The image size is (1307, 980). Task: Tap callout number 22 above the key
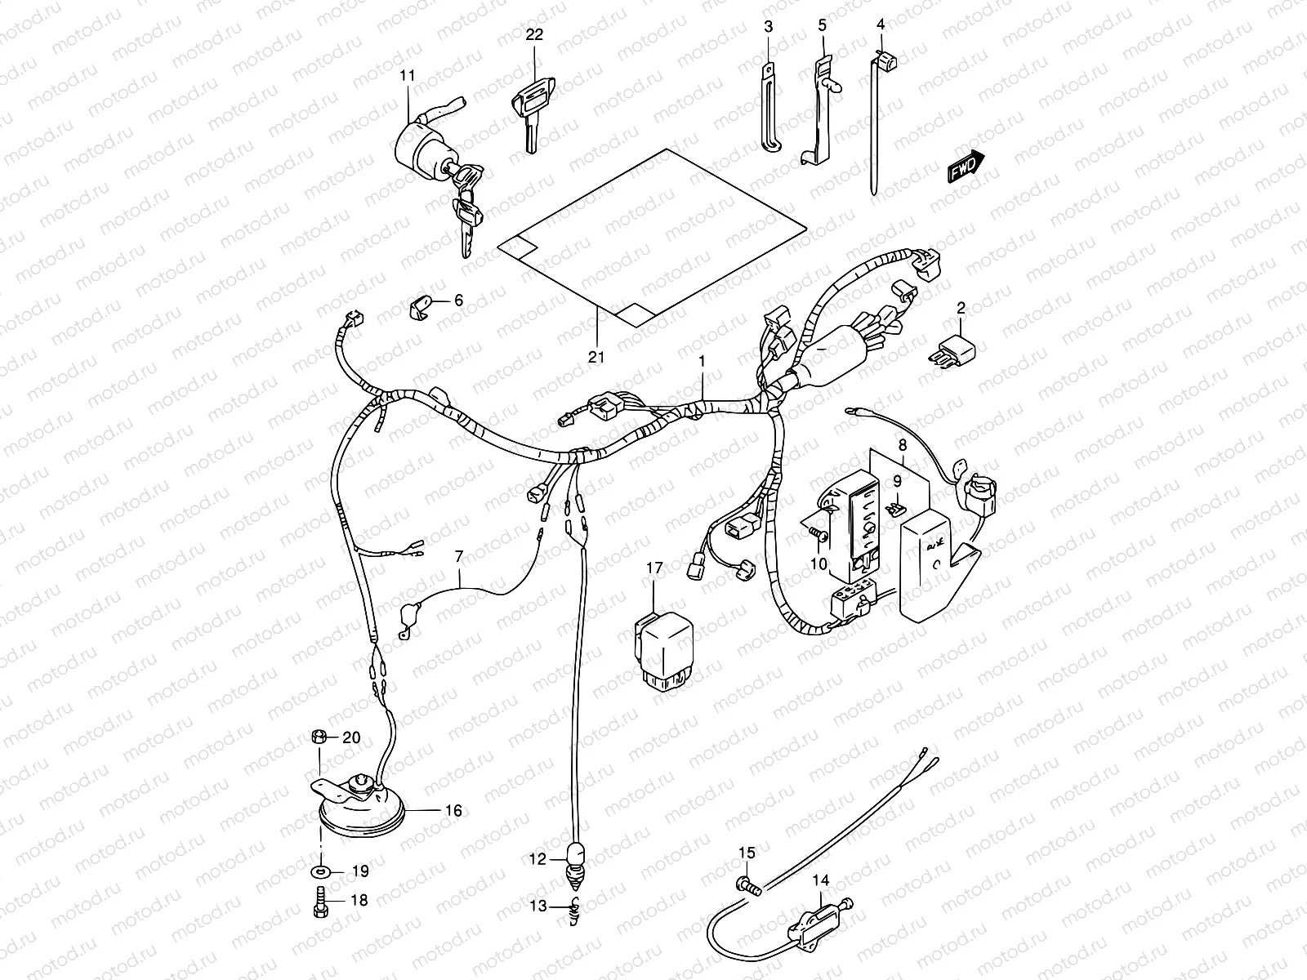533,34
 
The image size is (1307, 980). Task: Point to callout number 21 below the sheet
597,357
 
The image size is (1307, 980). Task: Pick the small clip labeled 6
421,309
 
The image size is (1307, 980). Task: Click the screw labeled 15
747,884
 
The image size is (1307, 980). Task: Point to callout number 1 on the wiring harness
701,360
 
